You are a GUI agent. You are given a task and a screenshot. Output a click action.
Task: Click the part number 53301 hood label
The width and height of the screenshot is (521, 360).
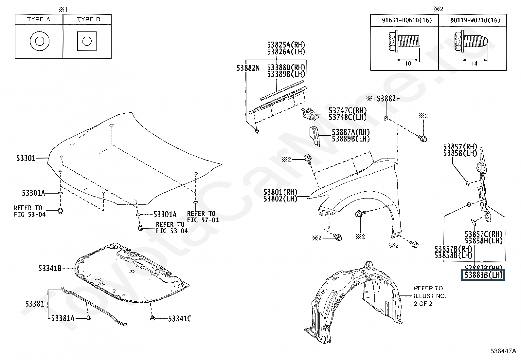point(26,159)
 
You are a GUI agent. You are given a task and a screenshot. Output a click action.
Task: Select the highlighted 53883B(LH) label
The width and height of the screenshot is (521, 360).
point(483,275)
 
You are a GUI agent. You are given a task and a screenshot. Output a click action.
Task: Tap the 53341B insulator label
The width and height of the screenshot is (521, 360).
point(50,269)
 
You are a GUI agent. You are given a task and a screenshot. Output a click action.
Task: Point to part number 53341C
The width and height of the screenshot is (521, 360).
point(180,318)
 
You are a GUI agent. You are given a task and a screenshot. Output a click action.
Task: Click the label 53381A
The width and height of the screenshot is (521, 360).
point(63,318)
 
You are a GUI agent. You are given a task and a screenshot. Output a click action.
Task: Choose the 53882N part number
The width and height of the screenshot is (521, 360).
point(248,68)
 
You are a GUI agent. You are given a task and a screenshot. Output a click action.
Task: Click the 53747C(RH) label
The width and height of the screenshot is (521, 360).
point(348,111)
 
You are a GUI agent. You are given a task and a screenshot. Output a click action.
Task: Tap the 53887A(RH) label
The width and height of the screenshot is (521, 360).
point(351,132)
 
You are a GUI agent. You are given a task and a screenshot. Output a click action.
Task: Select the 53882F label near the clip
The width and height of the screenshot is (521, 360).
point(388,99)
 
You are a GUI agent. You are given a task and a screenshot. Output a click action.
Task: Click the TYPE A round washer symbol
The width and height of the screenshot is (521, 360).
point(39,41)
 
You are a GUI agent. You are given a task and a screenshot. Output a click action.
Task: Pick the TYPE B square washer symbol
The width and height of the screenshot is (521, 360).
point(87,41)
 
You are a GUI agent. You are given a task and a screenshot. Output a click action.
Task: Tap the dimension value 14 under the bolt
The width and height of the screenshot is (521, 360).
point(474,64)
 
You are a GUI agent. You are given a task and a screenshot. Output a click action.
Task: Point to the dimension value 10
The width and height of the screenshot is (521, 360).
point(408,64)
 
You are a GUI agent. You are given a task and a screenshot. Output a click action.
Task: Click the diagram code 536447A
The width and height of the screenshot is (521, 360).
point(503,351)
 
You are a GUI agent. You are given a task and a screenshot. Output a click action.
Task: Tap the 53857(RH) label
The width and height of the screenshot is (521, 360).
point(460,147)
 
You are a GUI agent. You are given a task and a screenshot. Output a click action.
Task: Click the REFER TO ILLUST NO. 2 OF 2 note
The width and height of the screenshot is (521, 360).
point(430,296)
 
